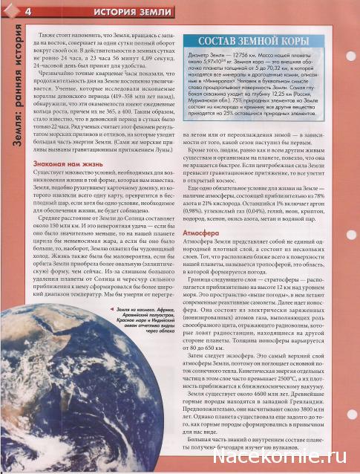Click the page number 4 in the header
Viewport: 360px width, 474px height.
pyautogui.click(x=27, y=11)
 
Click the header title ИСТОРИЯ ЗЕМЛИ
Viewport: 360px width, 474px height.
pyautogui.click(x=97, y=11)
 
